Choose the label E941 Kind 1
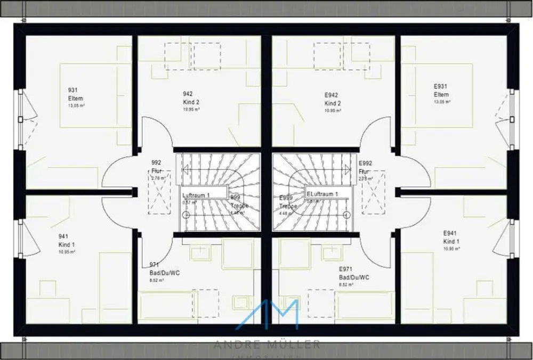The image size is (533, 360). coord(451,238)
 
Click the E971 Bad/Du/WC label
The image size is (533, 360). coord(354,274)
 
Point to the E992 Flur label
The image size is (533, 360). coord(365,168)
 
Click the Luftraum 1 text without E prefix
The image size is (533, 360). coord(196,195)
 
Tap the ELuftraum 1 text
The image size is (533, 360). coord(322,194)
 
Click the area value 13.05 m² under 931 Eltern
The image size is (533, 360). coord(76,106)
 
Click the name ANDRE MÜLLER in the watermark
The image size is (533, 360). coord(266,345)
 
